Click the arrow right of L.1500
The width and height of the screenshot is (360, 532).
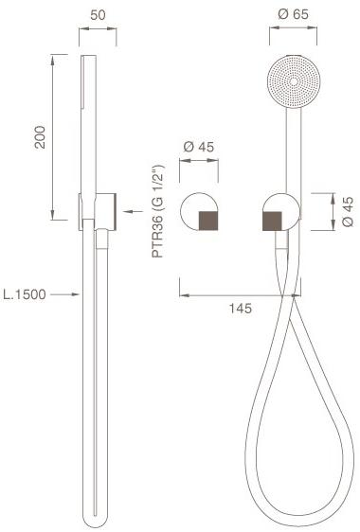63,295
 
